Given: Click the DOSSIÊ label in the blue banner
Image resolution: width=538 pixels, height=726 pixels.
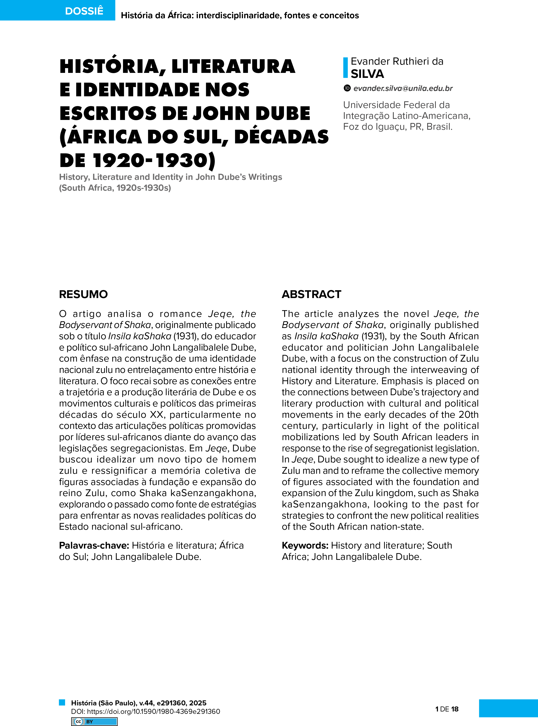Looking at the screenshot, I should [84, 11].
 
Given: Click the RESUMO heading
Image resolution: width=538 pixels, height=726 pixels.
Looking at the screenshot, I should [83, 294].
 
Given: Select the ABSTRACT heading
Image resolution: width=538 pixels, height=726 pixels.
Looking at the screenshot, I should [311, 294].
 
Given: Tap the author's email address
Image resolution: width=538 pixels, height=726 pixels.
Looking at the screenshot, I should [403, 88].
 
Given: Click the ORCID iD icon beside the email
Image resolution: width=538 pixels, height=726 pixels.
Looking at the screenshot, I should [347, 88].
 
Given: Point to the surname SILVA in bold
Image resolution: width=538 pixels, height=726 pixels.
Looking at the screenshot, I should [367, 74].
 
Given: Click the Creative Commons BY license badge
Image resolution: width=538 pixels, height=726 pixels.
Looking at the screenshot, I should [94, 722].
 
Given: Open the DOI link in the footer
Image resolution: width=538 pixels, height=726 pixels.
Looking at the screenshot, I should [146, 711].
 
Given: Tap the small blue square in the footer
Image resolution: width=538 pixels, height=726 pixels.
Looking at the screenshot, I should [62, 702].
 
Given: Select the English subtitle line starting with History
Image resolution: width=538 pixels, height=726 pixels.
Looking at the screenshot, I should [170, 177].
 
